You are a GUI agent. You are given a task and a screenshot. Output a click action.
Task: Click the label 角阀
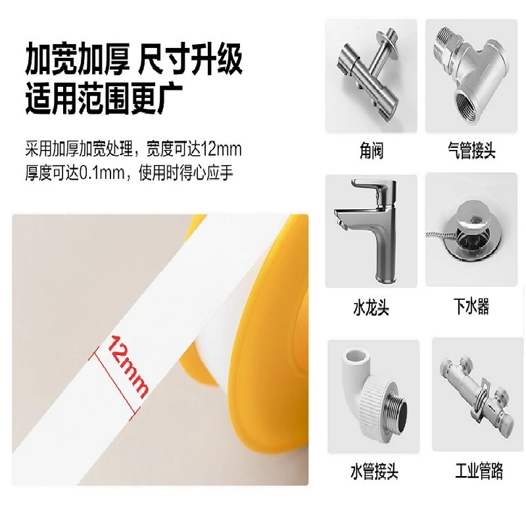click(x=371, y=151)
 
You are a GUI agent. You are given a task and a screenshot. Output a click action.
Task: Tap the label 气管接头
click(x=471, y=151)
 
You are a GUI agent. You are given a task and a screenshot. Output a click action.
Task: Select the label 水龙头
click(x=371, y=307)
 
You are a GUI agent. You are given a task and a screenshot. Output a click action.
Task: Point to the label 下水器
click(x=471, y=306)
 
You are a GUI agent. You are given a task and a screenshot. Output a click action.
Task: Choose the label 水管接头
click(x=374, y=471)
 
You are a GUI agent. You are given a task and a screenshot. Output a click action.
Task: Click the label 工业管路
click(x=479, y=470)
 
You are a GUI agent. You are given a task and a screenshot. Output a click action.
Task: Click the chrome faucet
click(x=370, y=229)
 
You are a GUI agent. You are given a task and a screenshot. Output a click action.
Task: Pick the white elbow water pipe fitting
click(x=373, y=396)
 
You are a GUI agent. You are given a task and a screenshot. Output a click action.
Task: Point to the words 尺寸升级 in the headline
click(x=190, y=59)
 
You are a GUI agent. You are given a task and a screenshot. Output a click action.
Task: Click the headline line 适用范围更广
click(x=105, y=99)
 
